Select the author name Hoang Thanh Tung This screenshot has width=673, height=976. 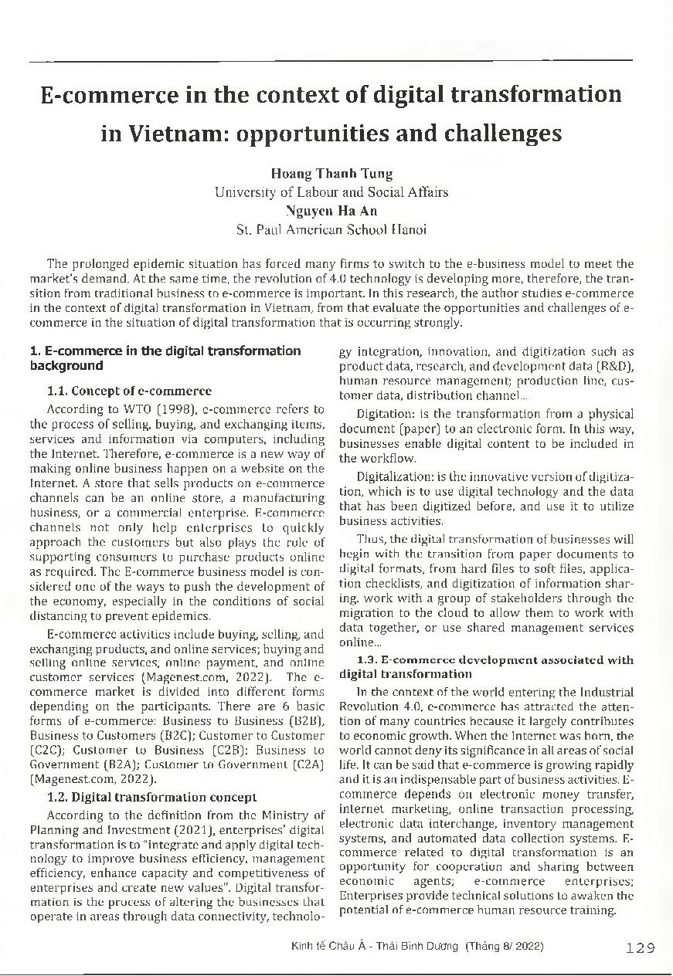331,173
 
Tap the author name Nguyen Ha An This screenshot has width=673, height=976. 331,210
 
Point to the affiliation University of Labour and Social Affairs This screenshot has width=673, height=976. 331,191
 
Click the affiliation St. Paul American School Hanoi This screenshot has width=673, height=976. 331,229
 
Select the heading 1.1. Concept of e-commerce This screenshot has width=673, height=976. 129,391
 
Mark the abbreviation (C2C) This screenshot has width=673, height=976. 46,750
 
